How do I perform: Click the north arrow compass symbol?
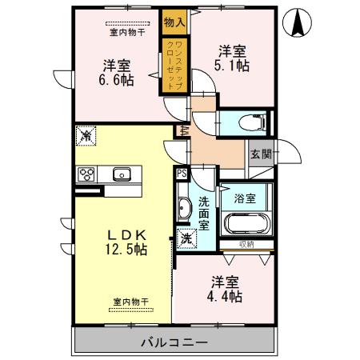coord(298,22)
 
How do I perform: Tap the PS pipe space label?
coord(181,173)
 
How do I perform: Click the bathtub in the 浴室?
coord(246,224)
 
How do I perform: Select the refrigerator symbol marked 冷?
coord(85,137)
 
